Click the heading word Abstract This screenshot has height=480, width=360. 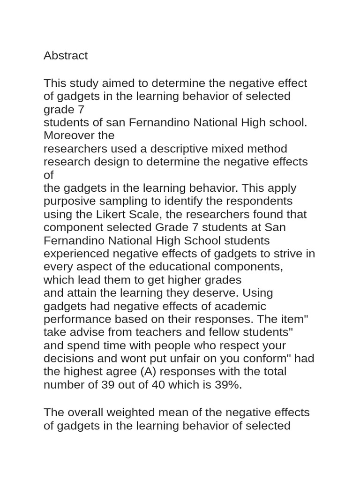pyautogui.click(x=66, y=56)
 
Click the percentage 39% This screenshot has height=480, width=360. pyautogui.click(x=228, y=385)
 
